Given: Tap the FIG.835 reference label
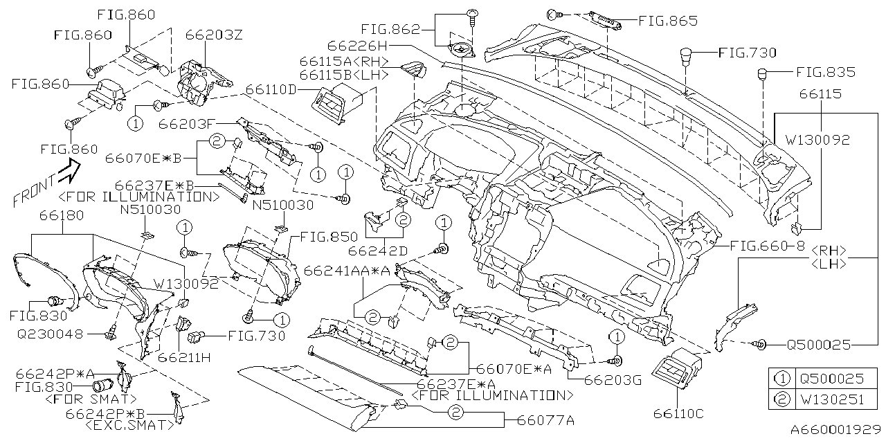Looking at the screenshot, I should [825, 72].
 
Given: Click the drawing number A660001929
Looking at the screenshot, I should [835, 430].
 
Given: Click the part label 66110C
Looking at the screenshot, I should [678, 413].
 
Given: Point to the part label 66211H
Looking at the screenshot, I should [183, 358].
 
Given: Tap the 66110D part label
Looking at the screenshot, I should [271, 90].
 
